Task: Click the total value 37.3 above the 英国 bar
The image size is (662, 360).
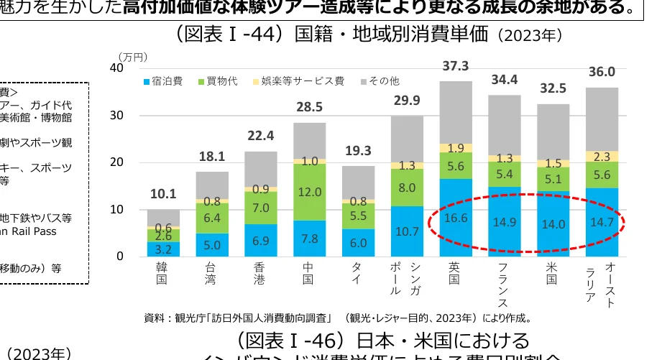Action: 456,66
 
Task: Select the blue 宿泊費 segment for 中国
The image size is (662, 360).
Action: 309,238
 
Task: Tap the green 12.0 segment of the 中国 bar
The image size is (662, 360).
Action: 309,192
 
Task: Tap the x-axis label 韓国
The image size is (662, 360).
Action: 162,273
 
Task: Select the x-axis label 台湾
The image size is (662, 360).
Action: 211,273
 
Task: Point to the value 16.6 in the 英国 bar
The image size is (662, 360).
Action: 455,218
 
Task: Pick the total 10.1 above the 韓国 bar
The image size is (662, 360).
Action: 163,194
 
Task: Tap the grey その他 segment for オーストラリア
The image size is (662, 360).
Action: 602,119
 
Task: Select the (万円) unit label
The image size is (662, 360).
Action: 134,55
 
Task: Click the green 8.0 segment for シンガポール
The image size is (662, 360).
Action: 406,188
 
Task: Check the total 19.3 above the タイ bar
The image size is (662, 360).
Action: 358,151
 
